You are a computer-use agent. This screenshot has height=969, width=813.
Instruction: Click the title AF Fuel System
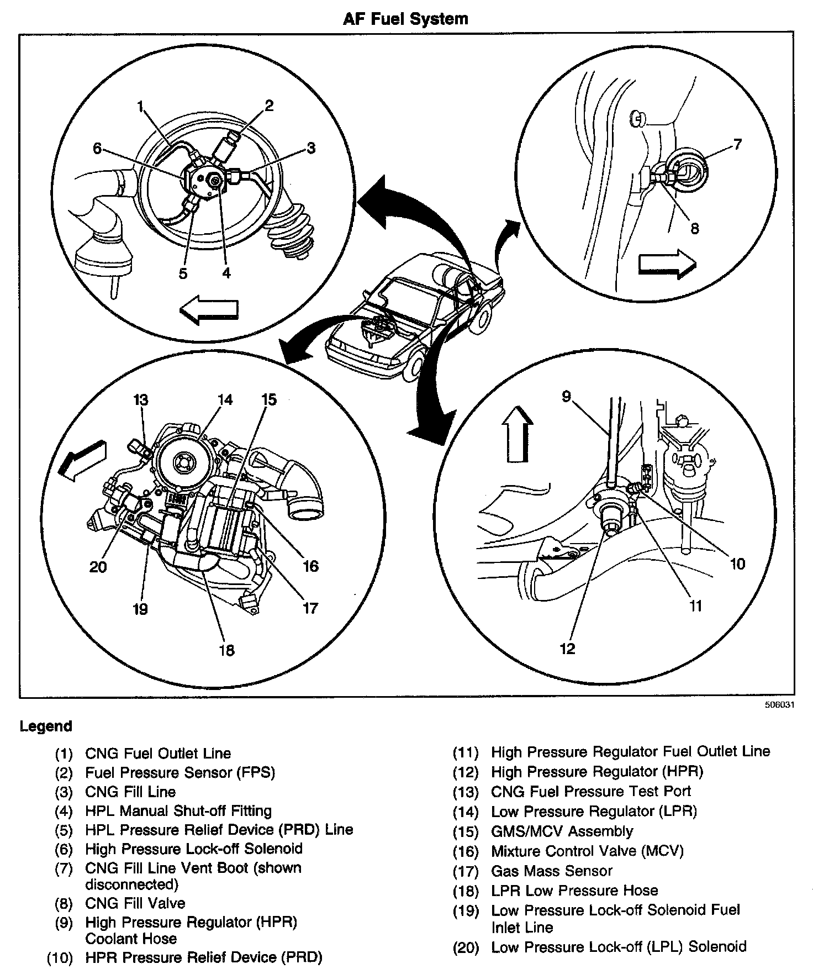405,19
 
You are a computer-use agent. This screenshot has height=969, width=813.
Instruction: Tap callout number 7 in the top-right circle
737,145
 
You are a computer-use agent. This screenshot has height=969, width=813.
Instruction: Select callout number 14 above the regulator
225,399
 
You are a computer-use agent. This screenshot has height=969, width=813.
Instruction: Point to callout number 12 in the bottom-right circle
567,648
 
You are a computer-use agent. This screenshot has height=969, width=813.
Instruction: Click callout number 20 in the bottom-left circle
98,567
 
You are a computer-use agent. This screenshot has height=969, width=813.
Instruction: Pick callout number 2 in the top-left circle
269,106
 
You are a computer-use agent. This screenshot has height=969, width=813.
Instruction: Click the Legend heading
46,726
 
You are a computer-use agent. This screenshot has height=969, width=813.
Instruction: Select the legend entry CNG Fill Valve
135,903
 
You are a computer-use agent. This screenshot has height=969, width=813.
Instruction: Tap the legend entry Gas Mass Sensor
551,871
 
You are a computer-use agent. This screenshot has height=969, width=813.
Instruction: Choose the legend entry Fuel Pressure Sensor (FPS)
180,772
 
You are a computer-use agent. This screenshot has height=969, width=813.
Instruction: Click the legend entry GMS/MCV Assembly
562,831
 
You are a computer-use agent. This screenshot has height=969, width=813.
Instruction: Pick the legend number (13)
466,792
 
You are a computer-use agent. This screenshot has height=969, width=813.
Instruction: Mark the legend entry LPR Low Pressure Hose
574,891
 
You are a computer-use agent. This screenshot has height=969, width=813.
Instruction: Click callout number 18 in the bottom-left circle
226,650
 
